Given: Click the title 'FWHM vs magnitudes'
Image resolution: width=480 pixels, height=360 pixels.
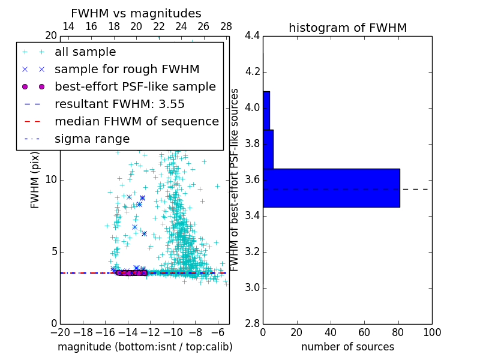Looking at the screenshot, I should (x=136, y=14).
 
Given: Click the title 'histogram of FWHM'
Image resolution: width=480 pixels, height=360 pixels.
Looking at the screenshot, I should (x=347, y=28).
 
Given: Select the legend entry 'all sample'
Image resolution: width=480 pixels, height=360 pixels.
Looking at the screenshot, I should (x=85, y=52).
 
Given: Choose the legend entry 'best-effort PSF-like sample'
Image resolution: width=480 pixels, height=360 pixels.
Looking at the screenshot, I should (x=135, y=87).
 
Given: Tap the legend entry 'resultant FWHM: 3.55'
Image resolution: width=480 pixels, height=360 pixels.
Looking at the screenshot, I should (x=119, y=104).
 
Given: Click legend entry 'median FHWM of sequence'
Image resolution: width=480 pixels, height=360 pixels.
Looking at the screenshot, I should (x=136, y=122).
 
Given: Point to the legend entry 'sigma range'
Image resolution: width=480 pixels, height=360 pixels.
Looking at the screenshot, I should (x=92, y=139).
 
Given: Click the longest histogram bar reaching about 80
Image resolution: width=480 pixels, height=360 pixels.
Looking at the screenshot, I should (x=331, y=188).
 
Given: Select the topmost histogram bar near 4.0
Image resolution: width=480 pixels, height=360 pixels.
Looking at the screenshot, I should (x=266, y=110).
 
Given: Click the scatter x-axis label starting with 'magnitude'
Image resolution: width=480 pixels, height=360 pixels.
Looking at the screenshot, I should (x=145, y=347).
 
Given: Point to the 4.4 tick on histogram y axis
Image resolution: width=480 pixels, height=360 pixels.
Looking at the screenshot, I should (x=251, y=36).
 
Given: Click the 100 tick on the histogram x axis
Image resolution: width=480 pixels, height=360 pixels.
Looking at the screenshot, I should (x=431, y=332).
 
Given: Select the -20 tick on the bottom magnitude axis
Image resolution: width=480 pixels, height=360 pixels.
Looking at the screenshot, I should (x=60, y=332).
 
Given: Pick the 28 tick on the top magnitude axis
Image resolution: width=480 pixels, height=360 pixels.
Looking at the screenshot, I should (x=226, y=26).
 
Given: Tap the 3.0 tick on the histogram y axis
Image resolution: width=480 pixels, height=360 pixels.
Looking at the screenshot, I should (x=251, y=288).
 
